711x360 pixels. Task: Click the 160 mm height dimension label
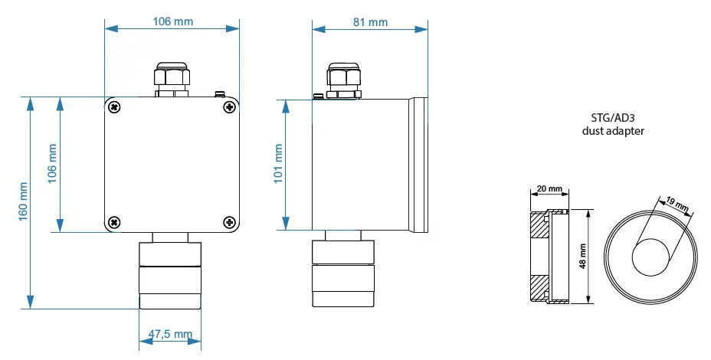coord(23,201)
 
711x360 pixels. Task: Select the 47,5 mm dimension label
coord(169,334)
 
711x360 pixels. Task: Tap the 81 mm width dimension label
coord(371,22)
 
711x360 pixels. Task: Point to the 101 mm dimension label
coord(278,165)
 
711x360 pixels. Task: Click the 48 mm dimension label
coord(582,255)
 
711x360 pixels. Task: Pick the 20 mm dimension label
coord(549,188)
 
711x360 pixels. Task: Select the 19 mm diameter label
coord(678,205)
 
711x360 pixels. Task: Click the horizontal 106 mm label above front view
coord(173,22)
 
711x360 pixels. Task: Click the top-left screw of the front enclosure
coord(114,107)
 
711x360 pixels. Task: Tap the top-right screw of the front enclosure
coord(228,107)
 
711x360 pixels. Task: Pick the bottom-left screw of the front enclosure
coord(114,222)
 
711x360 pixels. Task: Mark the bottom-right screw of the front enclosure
coord(228,222)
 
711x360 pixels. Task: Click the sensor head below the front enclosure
coord(170,276)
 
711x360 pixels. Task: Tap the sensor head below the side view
coord(343,276)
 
